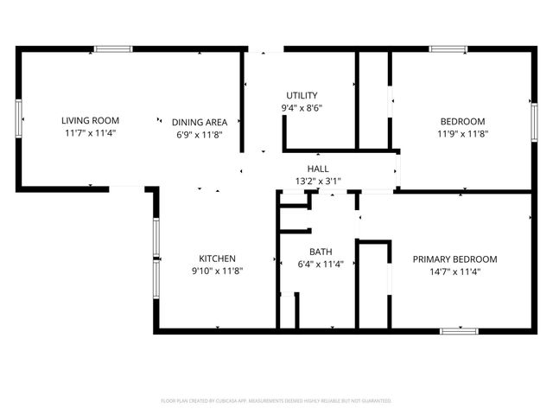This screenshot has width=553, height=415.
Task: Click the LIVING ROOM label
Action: (x=90, y=120)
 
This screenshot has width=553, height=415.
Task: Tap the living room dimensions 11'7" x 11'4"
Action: (x=90, y=133)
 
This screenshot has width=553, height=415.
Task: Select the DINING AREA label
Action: (x=200, y=122)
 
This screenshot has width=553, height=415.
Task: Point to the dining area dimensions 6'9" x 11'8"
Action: (x=200, y=134)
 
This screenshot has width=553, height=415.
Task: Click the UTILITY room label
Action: (x=302, y=95)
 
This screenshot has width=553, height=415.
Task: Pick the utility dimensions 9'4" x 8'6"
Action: (x=302, y=108)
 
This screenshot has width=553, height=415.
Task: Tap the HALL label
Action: (x=318, y=169)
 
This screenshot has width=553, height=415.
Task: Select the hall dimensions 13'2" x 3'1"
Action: (x=318, y=182)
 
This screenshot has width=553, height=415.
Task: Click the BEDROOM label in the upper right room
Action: (x=463, y=121)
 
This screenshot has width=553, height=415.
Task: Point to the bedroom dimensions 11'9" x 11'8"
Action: (x=463, y=134)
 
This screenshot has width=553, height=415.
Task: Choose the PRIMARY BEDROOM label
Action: (x=454, y=259)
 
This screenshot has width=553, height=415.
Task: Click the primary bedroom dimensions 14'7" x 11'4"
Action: (x=454, y=271)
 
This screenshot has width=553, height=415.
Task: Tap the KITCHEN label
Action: (x=217, y=259)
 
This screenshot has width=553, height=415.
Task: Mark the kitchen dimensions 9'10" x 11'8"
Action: (x=217, y=271)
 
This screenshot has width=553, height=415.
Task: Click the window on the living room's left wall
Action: (x=18, y=118)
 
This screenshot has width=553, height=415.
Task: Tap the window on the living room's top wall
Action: (x=113, y=49)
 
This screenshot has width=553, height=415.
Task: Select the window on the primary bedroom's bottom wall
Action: (x=459, y=330)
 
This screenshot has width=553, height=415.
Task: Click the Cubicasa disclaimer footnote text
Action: (x=276, y=401)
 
